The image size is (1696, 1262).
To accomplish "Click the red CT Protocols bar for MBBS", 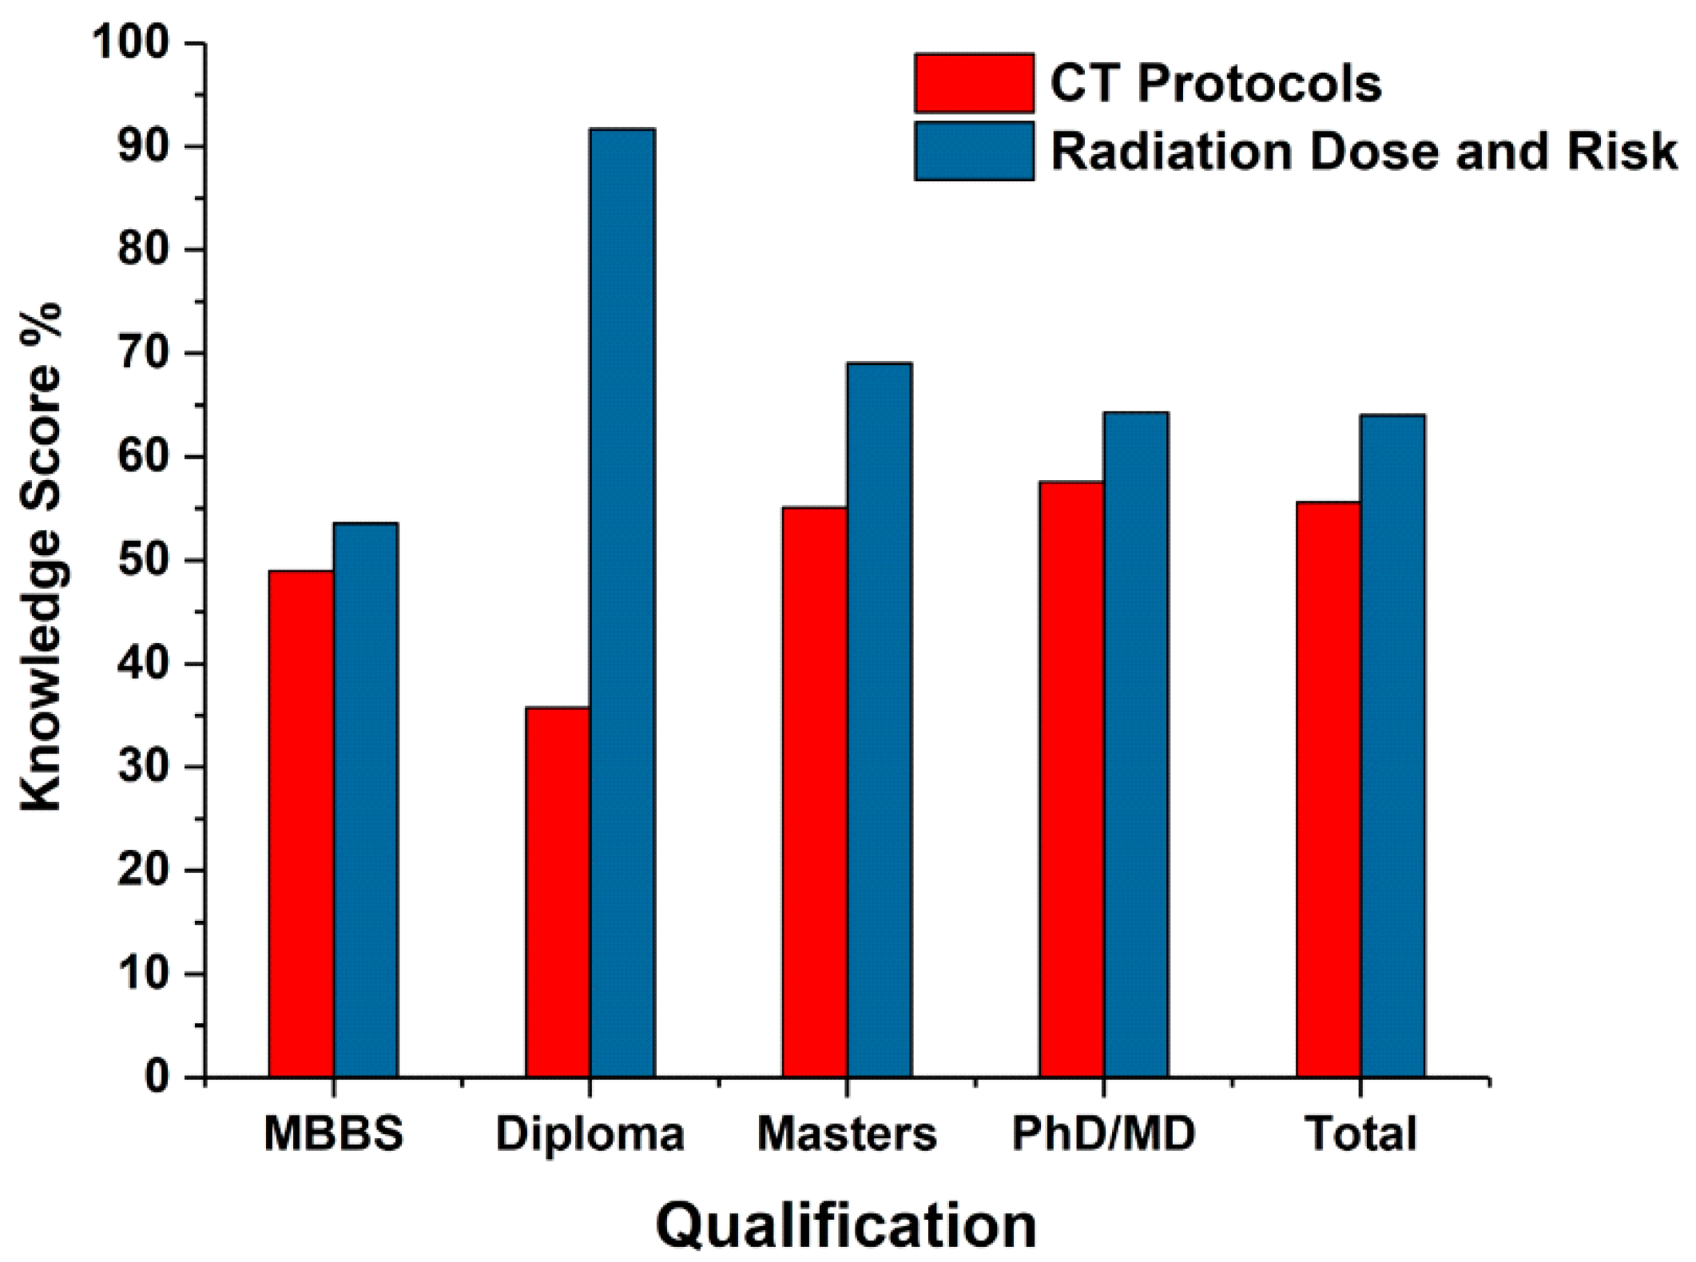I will tap(300, 823).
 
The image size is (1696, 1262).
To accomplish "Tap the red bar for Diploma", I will tap(557, 891).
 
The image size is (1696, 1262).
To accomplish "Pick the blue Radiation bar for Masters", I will tap(879, 719).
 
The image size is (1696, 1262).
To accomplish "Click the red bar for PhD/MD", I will tap(1070, 779).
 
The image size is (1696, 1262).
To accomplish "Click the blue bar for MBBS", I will tap(365, 799).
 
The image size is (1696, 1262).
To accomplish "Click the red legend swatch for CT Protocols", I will tap(974, 83).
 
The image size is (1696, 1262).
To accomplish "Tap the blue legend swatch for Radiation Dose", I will tap(974, 151).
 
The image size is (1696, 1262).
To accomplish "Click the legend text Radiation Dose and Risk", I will tap(1363, 151).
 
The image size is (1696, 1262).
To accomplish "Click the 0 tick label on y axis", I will tap(157, 1077).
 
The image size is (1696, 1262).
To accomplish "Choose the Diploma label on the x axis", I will tap(590, 1133).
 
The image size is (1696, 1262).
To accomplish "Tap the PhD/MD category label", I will tap(1103, 1133).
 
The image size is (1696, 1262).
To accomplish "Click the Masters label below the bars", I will tap(847, 1133).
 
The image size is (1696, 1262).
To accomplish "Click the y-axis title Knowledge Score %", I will tap(42, 559).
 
